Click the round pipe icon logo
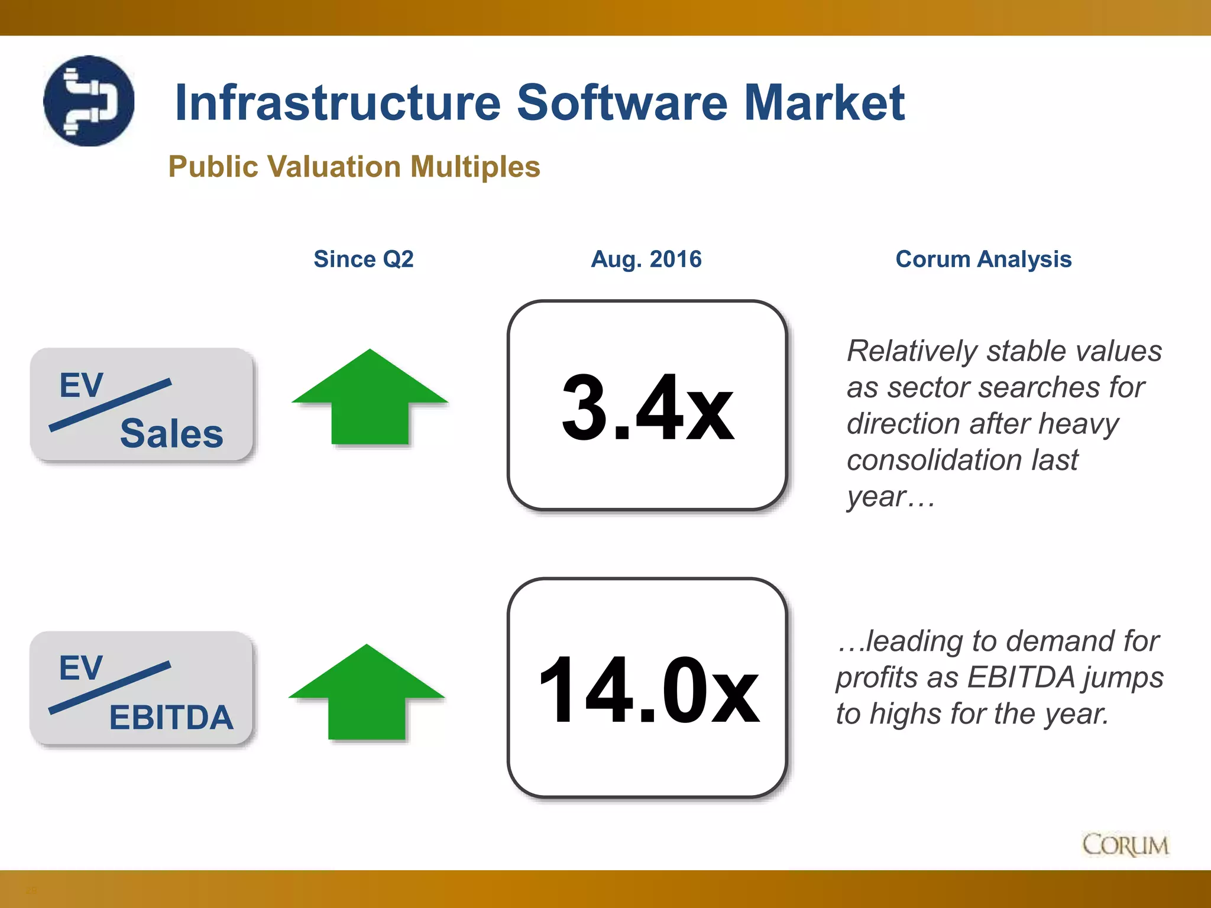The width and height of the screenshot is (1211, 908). [89, 101]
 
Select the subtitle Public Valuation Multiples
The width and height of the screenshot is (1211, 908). [354, 167]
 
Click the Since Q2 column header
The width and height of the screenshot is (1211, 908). [363, 259]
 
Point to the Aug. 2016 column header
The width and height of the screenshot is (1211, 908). [646, 259]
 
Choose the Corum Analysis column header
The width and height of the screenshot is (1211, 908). [983, 259]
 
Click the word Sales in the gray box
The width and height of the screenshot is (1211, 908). [171, 433]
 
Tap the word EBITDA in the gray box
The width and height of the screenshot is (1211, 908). [171, 717]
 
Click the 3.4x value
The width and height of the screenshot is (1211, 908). [647, 407]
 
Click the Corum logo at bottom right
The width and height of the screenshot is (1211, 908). [1125, 845]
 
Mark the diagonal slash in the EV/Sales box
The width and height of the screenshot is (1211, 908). [111, 405]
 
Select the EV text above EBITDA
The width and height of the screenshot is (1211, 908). [81, 668]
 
